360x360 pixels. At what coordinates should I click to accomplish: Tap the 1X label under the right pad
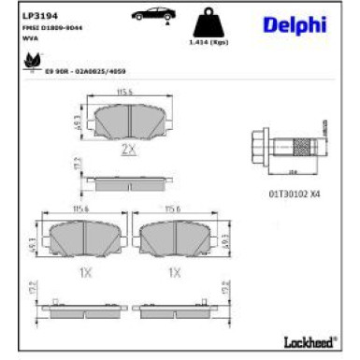pyautogui.click(x=174, y=274)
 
